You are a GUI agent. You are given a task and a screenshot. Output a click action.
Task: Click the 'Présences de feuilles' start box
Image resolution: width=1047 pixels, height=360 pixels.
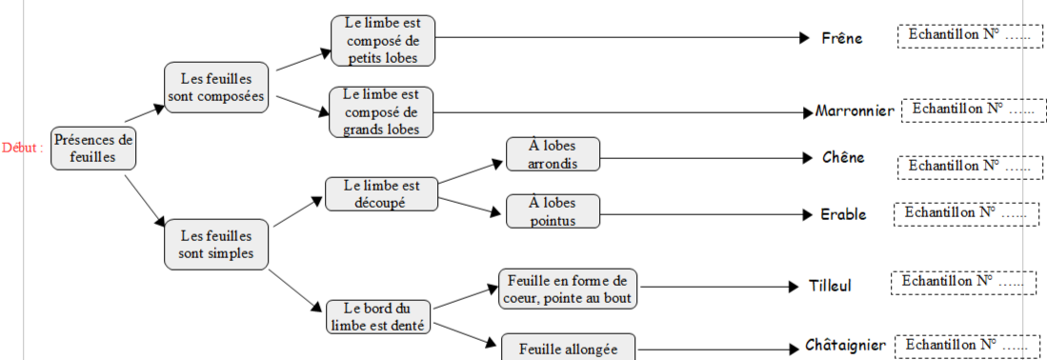92,149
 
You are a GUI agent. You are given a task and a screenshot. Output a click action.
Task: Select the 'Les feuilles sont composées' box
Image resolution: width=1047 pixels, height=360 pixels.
215,87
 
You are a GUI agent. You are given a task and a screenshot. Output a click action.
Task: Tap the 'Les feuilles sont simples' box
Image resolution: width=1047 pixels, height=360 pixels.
215,244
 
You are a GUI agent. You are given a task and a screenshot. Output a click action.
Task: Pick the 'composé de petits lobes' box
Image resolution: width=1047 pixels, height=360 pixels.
383,41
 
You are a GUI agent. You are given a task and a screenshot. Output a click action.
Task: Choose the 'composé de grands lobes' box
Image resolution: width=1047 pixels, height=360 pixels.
381,111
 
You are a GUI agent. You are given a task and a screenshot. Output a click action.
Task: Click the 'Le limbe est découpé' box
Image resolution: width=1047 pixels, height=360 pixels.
381,193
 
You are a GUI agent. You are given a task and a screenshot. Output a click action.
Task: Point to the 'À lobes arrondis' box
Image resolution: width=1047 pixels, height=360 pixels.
553,154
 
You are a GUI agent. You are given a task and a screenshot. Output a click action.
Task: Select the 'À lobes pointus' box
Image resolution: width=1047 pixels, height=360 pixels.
553,211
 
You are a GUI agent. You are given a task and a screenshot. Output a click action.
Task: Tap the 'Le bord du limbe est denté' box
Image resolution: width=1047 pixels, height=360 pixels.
377,316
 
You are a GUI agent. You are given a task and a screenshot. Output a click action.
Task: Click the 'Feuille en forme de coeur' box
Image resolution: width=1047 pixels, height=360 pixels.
568,288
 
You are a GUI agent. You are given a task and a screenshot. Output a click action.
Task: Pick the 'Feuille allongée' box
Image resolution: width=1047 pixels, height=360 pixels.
568,348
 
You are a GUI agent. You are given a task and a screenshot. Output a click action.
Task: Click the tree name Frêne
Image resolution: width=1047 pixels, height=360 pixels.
842,39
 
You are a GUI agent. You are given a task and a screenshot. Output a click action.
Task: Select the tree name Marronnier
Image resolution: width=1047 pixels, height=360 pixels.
855,111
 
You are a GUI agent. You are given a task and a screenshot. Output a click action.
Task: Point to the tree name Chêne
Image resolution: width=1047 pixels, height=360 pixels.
843,157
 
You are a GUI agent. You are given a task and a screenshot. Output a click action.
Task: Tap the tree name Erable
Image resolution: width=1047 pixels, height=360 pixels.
843,214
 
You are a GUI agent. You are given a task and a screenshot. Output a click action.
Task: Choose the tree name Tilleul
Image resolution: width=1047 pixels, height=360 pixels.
830,286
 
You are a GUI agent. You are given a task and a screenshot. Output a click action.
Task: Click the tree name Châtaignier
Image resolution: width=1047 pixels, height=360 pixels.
845,345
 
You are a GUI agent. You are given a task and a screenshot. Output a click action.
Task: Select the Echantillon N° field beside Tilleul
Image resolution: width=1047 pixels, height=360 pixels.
962,283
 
